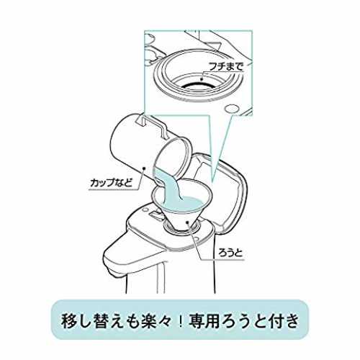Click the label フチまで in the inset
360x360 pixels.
[x=226, y=66]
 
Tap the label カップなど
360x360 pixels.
[x=111, y=183]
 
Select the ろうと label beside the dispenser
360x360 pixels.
[x=230, y=253]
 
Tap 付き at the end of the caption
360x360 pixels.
[x=284, y=321]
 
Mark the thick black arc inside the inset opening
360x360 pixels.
[x=197, y=86]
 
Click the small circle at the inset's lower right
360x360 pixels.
[x=231, y=109]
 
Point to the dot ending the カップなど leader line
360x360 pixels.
[x=144, y=168]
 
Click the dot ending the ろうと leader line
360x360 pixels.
[x=188, y=222]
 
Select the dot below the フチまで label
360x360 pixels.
[x=202, y=78]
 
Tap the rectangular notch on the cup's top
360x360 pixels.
[x=142, y=120]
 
